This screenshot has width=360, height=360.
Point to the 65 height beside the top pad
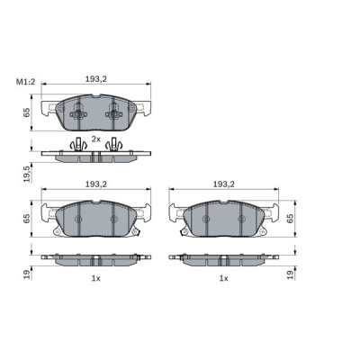[27, 112]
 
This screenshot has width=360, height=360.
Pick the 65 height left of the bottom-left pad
[27, 216]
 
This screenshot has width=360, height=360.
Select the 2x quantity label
[96, 139]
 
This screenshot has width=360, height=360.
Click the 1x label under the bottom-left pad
[95, 279]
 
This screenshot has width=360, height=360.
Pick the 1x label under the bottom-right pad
[223, 279]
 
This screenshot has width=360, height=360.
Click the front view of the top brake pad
[96, 112]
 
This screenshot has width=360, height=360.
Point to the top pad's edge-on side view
[95, 156]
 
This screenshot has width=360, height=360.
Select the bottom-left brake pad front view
[96, 219]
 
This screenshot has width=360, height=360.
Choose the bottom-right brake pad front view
[224, 219]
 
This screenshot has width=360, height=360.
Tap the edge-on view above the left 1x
[96, 260]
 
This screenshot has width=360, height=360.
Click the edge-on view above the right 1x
[224, 260]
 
